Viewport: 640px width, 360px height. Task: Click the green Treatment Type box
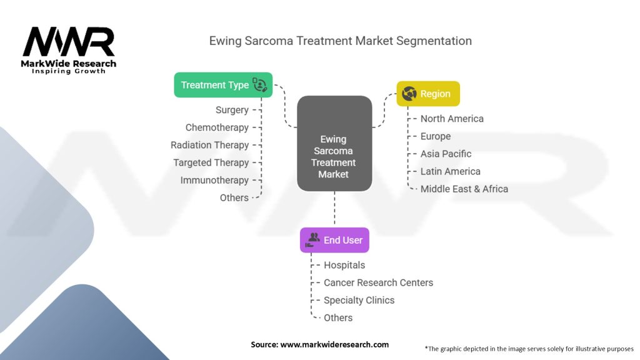(223, 85)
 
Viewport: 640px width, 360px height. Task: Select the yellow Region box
(428, 94)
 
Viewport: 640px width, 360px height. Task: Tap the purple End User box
(335, 240)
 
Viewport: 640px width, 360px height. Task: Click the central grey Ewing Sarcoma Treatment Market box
(334, 143)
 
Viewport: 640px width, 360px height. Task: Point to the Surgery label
(232, 110)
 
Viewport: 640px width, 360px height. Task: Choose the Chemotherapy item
(217, 127)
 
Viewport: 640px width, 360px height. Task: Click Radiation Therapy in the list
(209, 145)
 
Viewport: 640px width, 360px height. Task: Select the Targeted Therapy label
(211, 162)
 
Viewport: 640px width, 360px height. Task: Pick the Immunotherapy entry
(214, 180)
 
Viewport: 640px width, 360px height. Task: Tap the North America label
(452, 118)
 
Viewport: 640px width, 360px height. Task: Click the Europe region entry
(436, 136)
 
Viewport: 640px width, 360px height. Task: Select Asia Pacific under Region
(446, 154)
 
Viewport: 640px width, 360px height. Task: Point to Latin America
(450, 171)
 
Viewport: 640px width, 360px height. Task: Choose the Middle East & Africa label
(464, 189)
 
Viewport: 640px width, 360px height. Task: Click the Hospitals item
(344, 265)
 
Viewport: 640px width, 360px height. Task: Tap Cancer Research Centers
(378, 282)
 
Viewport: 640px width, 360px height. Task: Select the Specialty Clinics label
(359, 300)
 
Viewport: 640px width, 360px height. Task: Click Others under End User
(338, 317)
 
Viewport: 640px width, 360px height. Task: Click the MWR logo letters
(69, 42)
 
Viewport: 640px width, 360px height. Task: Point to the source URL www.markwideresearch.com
(334, 344)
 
